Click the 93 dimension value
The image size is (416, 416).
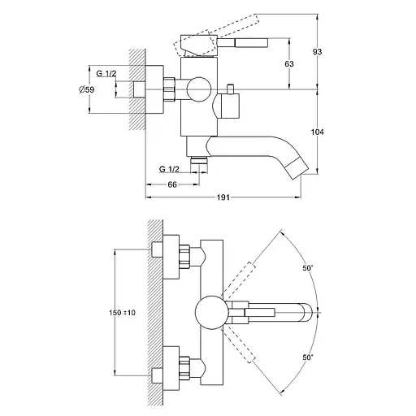point(317,52)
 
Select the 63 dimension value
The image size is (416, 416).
point(289,64)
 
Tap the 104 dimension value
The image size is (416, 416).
point(317,132)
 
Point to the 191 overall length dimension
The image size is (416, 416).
point(223,197)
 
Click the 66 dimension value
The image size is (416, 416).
point(172,184)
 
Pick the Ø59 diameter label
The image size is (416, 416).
point(87,89)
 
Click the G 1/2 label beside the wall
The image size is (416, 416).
point(106,73)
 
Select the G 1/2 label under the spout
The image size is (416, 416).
point(169,169)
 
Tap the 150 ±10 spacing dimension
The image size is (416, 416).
point(122,313)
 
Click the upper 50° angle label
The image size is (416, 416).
point(308,268)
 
